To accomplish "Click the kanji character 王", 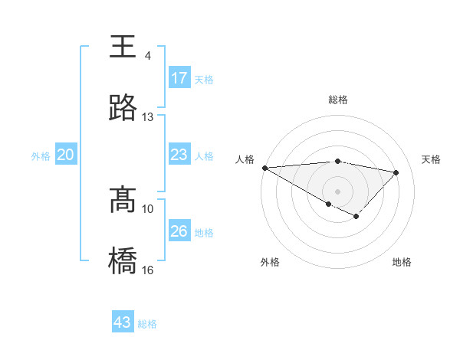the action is [x=123, y=46].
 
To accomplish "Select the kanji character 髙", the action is [x=123, y=199].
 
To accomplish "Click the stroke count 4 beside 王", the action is [x=147, y=56].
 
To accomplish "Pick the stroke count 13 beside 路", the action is [x=148, y=117].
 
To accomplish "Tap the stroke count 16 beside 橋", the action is [x=148, y=270].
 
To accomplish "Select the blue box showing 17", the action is [x=179, y=78].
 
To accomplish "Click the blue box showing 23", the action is [x=179, y=155].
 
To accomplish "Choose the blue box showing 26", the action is [x=179, y=231].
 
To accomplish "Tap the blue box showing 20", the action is [x=66, y=155].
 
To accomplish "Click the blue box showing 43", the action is [x=123, y=322].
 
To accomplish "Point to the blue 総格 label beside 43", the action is [x=148, y=324].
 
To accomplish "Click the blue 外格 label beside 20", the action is [x=41, y=156].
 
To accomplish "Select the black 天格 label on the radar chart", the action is [x=432, y=159].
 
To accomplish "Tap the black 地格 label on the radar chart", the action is [x=402, y=262].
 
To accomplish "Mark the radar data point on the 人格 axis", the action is [x=264, y=168].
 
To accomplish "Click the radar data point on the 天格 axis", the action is [x=396, y=172].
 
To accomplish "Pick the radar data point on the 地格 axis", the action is [x=356, y=217].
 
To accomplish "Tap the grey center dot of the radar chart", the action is [x=338, y=191].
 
